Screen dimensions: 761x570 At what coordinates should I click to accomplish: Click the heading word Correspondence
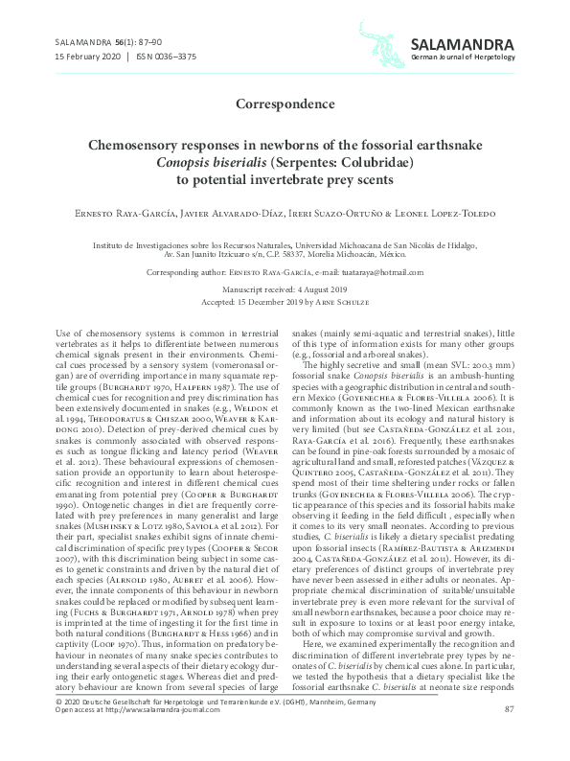285,103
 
